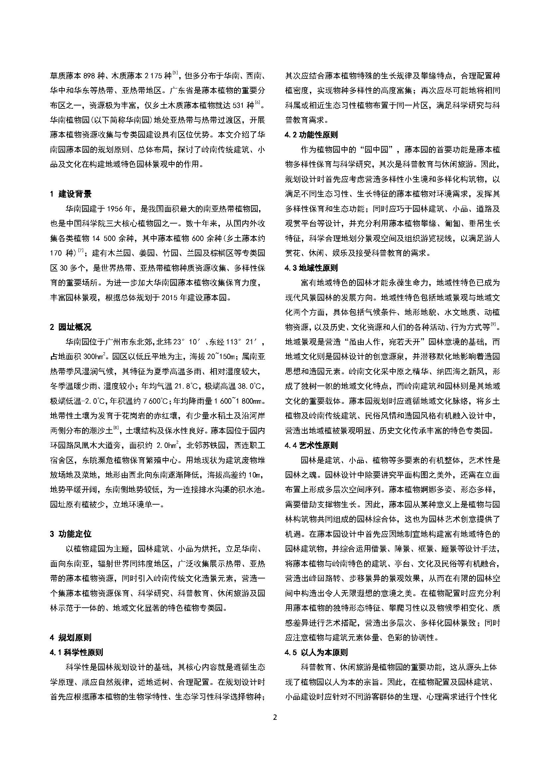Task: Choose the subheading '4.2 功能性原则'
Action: (311, 135)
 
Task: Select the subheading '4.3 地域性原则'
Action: (311, 268)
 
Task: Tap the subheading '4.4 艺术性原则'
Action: (311, 445)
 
